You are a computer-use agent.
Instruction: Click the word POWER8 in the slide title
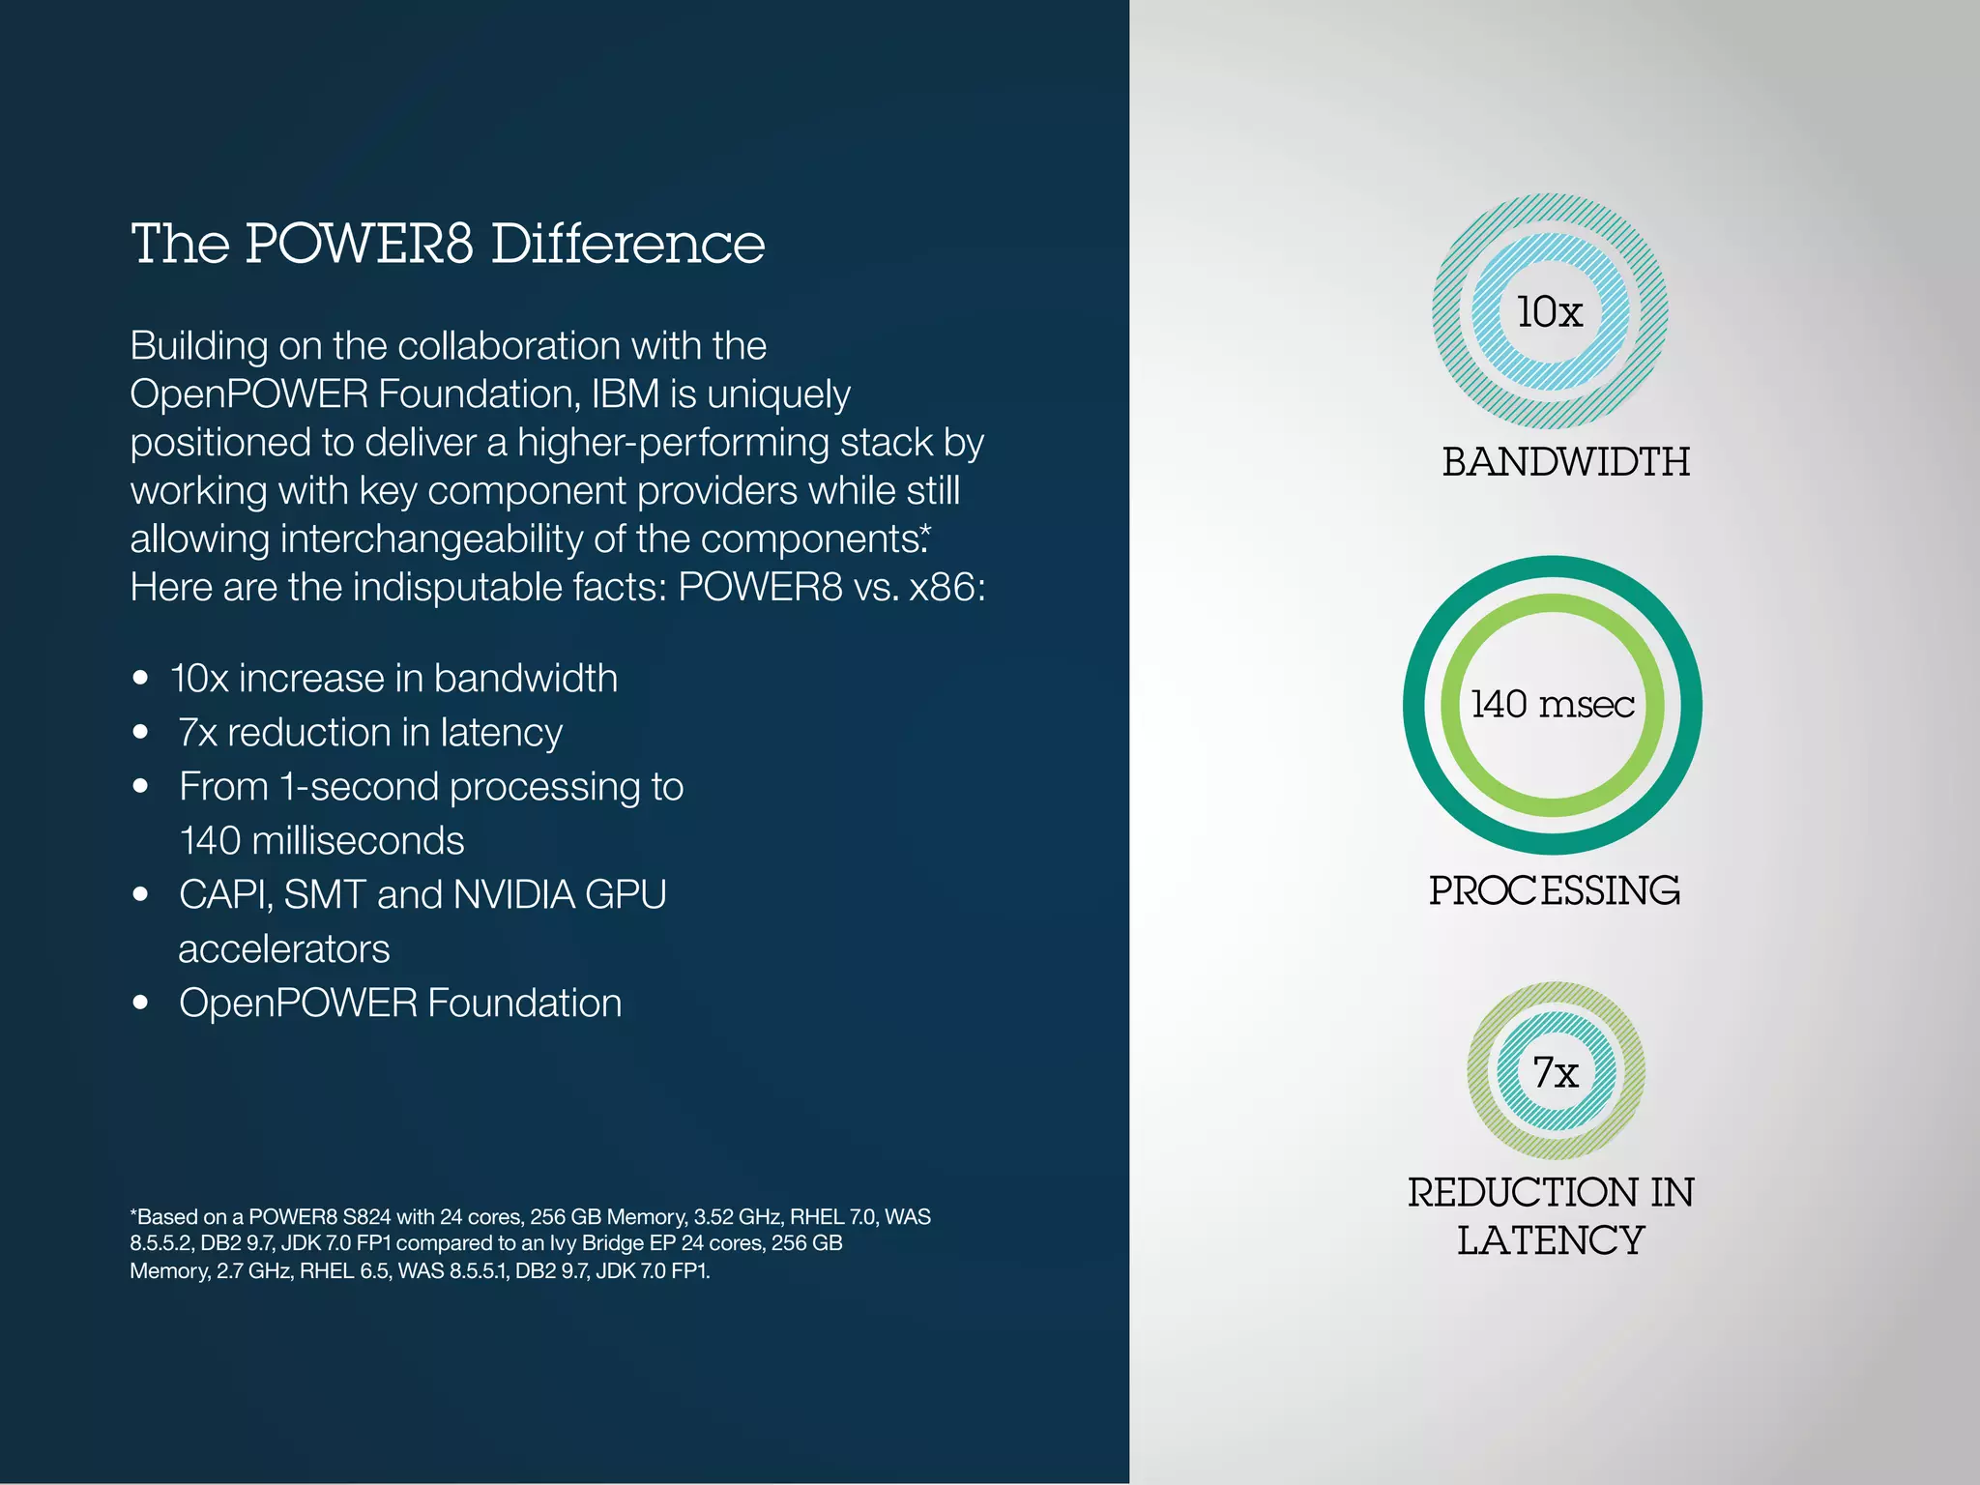point(359,244)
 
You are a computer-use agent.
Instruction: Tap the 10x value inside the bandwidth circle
point(1549,311)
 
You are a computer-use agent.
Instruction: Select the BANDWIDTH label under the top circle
point(1565,461)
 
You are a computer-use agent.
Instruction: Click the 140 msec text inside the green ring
point(1552,704)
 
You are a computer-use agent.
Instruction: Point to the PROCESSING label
point(1554,890)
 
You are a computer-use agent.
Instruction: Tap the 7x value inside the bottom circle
point(1556,1071)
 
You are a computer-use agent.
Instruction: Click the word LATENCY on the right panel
point(1550,1240)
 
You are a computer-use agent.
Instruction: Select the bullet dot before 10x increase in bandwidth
point(141,678)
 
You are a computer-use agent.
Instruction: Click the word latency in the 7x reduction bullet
point(501,733)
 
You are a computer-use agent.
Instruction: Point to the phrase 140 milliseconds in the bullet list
point(322,840)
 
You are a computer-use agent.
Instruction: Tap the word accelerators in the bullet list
point(284,948)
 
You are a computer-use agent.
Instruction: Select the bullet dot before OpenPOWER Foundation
point(141,1003)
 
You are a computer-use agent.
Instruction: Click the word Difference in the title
point(627,244)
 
